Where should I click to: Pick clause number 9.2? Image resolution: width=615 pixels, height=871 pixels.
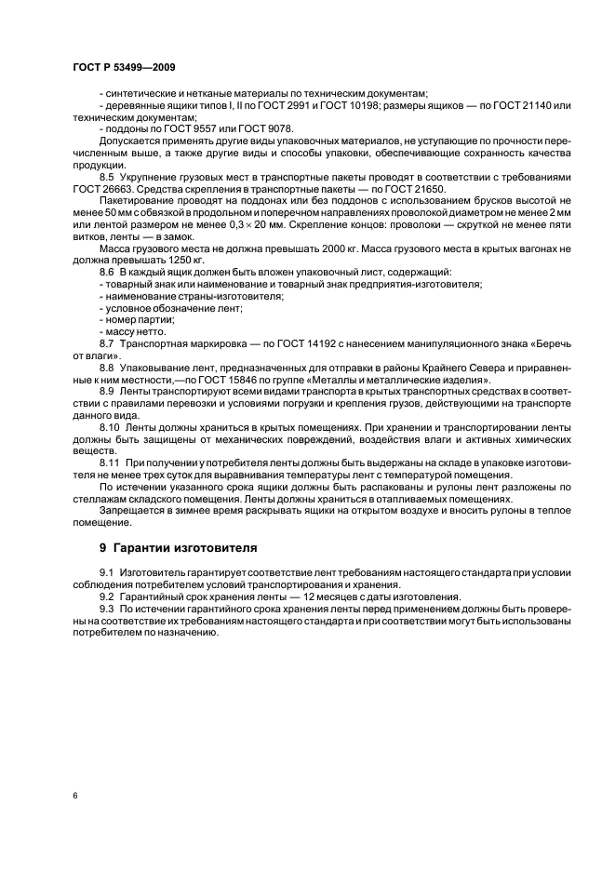pos(108,596)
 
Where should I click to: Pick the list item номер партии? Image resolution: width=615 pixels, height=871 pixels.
pos(136,320)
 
